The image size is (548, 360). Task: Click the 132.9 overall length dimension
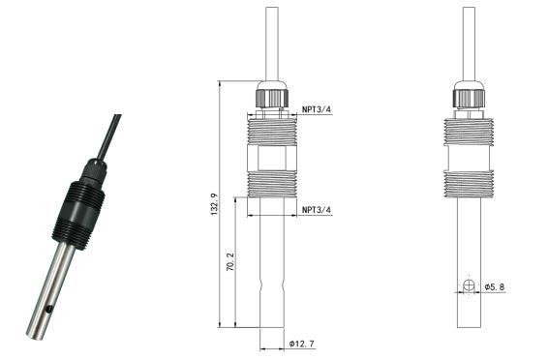coord(215,204)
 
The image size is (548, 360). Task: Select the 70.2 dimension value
coord(230,262)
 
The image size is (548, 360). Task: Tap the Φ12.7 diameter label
coord(302,344)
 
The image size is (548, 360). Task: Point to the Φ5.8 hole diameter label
coord(494,287)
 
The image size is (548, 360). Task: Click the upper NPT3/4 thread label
coord(317,109)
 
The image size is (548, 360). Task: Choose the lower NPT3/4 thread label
coord(317,209)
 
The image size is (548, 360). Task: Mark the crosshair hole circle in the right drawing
coord(469,286)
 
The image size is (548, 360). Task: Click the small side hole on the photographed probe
coord(49,309)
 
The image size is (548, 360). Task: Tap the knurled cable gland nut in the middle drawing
coord(272,98)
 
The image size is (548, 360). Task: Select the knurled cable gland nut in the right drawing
coord(469,99)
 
